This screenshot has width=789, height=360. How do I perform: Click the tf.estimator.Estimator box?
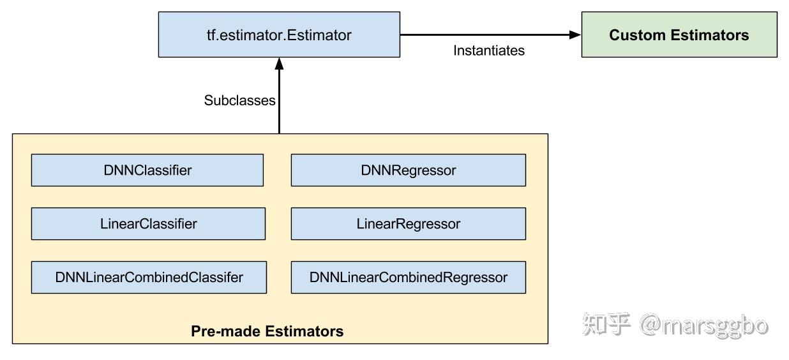pos(279,34)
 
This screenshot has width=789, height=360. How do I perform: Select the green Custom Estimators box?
pos(679,34)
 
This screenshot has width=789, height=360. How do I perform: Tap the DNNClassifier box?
pos(147,170)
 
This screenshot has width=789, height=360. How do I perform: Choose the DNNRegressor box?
pos(409,170)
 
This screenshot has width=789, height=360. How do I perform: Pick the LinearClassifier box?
pos(148,223)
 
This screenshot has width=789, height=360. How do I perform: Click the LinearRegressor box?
pos(409,223)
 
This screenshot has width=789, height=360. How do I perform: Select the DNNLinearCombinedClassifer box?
pos(149,277)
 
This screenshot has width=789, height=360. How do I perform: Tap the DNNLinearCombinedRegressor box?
pos(409,277)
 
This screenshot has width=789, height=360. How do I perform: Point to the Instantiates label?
pos(489,50)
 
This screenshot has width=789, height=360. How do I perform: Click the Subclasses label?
pos(239,100)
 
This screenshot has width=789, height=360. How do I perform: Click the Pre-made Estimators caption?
pos(267,331)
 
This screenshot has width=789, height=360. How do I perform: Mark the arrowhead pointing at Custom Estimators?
pos(575,34)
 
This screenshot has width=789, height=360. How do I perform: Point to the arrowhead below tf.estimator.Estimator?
pos(280,63)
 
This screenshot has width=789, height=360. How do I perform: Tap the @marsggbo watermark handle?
pos(703,326)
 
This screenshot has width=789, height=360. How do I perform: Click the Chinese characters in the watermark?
pos(606,324)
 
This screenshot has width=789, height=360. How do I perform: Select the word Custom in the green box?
pos(638,35)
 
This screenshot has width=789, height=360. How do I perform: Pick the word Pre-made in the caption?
pos(225,331)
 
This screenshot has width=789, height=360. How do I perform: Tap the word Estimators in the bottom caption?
pos(304,331)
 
